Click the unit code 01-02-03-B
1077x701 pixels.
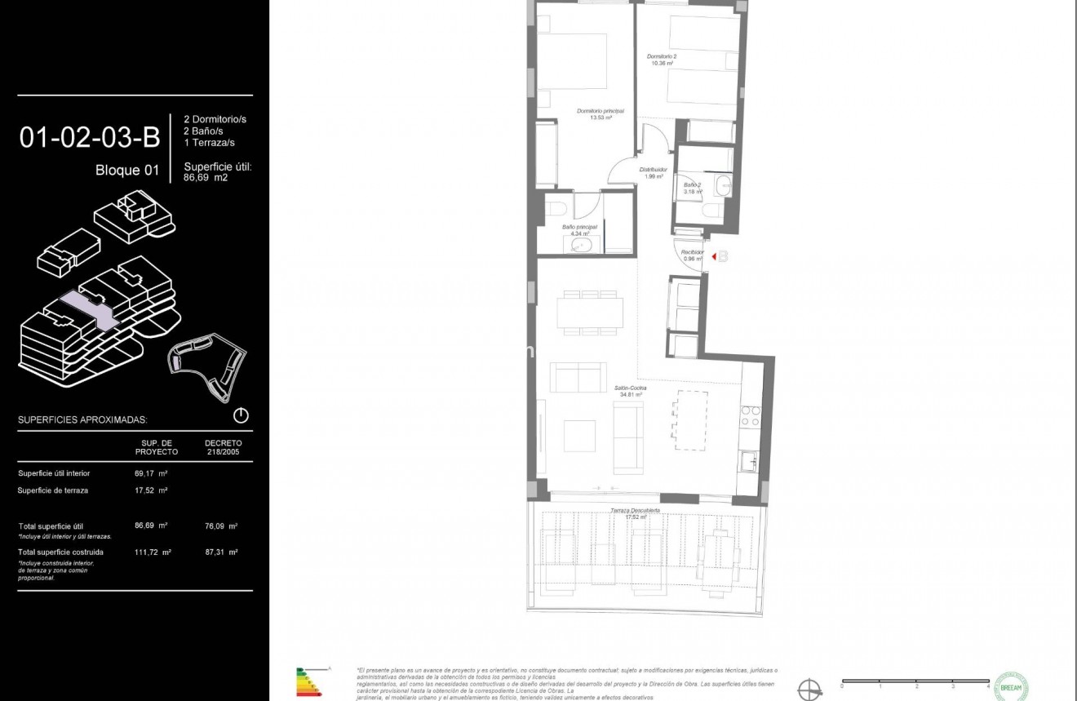89,137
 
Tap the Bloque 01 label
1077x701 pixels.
127,171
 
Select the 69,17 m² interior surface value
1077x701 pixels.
151,473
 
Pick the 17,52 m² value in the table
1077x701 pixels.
151,490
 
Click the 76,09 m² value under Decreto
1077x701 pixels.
221,526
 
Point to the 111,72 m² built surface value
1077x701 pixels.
153,552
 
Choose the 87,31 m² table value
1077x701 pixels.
221,552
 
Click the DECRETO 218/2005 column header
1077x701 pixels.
223,447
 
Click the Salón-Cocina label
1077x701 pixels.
631,391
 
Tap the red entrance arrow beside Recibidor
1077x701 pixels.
714,257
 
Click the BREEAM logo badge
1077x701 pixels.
1011,686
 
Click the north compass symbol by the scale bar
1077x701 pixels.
809,690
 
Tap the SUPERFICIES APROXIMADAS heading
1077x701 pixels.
82,419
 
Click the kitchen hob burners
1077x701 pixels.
750,415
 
